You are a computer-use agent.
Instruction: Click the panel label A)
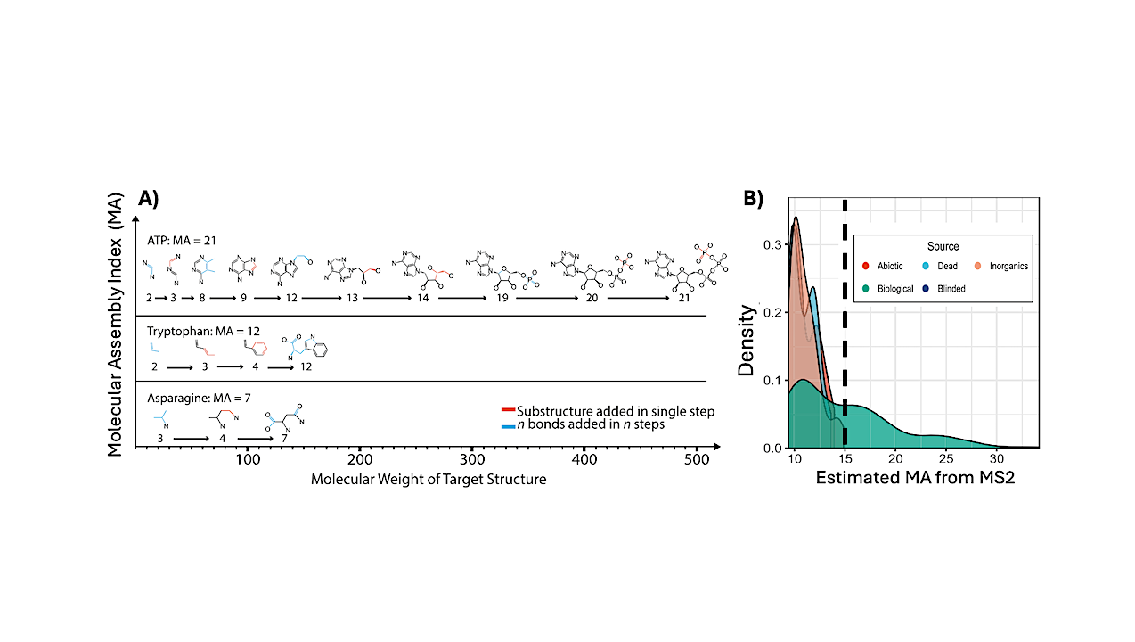(148, 199)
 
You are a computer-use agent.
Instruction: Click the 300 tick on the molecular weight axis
(471, 459)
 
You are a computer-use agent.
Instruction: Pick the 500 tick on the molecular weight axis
(695, 459)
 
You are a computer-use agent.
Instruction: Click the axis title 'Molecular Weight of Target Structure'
(428, 480)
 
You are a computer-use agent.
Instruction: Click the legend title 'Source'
(943, 246)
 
